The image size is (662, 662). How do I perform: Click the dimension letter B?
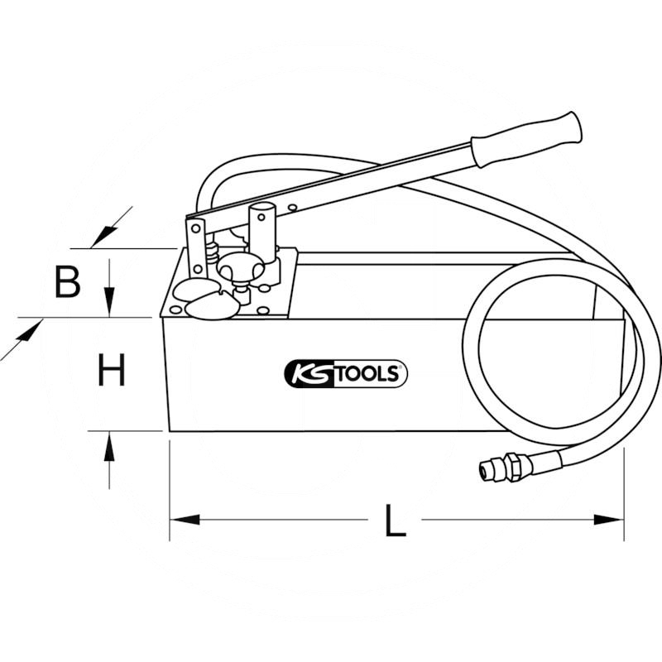point(68,281)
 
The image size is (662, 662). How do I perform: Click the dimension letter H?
point(112,370)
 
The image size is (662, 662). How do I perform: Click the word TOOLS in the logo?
point(367,374)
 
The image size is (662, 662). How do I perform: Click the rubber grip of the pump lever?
point(526,139)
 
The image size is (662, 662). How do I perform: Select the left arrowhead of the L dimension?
point(184,520)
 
